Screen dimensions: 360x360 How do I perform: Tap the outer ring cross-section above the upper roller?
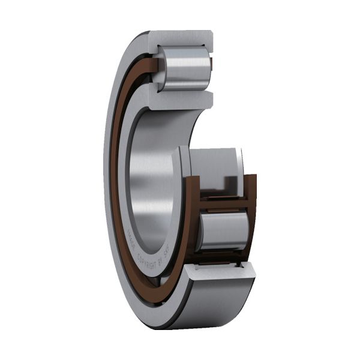(180, 38)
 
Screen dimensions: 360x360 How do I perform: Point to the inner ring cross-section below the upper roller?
(180, 99)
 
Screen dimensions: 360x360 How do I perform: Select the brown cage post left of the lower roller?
(194, 222)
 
